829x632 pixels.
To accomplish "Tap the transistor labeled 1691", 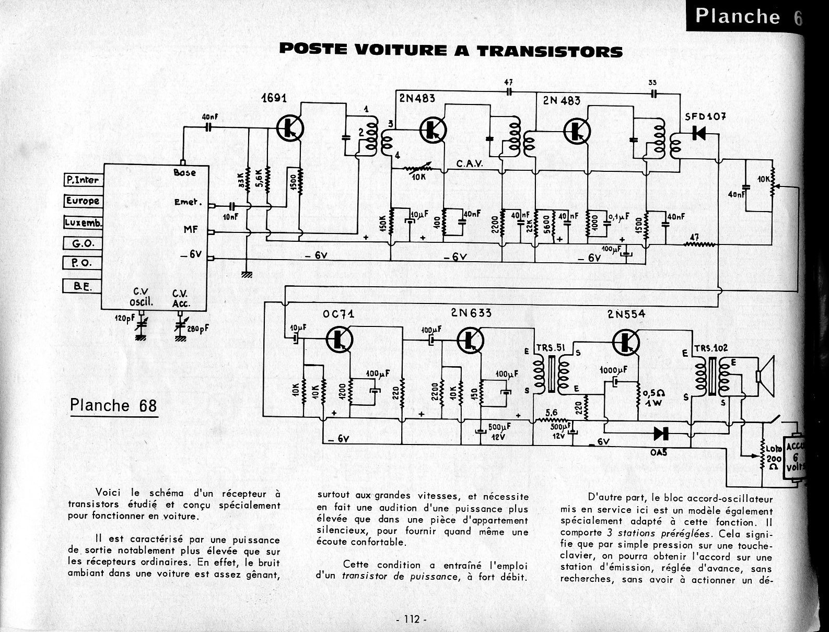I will [x=288, y=127].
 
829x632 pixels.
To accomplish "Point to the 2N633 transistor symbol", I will [x=470, y=340].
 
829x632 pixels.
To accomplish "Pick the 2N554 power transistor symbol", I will [x=626, y=341].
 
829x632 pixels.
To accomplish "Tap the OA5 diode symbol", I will [x=661, y=432].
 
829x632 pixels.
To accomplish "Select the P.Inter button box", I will [x=83, y=180].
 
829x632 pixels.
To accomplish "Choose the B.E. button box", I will [x=82, y=286].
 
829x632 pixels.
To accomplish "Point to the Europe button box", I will [x=83, y=201].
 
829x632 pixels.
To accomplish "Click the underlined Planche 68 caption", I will [x=113, y=406].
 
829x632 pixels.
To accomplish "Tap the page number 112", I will [x=412, y=619].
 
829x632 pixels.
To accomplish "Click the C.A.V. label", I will [x=471, y=163].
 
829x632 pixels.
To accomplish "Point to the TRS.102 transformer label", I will [x=711, y=348].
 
